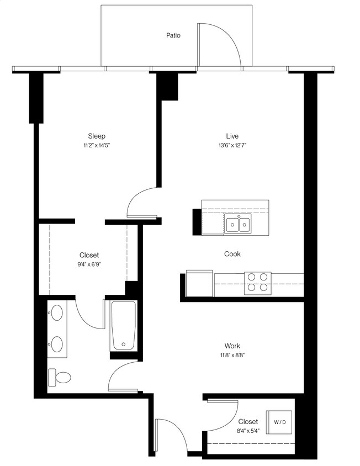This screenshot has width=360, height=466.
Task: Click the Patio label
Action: (173, 35)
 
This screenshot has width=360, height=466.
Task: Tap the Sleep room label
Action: (97, 136)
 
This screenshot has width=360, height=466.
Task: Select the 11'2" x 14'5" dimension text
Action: (97, 146)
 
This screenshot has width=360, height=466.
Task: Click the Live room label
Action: (232, 136)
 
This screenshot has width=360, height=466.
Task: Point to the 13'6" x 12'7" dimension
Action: (232, 146)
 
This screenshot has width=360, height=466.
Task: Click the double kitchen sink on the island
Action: (239, 224)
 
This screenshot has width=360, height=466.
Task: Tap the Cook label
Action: (232, 254)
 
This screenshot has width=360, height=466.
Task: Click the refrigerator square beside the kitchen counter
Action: (199, 283)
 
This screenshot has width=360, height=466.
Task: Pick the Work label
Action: (232, 346)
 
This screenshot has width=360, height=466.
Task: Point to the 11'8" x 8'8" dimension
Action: (232, 356)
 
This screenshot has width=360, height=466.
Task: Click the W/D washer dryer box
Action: (280, 422)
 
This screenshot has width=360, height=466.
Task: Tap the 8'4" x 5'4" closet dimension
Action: (247, 432)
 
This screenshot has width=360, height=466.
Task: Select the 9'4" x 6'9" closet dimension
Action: (89, 264)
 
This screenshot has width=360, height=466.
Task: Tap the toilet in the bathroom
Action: (60, 378)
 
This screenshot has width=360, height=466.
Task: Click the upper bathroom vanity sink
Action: (57, 314)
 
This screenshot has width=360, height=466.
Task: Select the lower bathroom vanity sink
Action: (57, 345)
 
